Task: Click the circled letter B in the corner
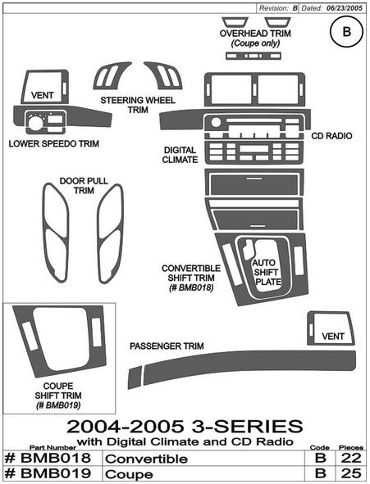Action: (x=346, y=31)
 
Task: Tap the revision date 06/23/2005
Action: (x=345, y=8)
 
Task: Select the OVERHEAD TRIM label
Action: (x=255, y=34)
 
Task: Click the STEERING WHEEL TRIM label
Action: (x=138, y=105)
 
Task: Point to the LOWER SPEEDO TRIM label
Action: (x=54, y=143)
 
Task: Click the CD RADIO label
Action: (x=331, y=136)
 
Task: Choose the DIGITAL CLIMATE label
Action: (x=180, y=155)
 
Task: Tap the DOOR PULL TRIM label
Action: (x=84, y=186)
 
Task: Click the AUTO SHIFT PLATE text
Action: (x=267, y=272)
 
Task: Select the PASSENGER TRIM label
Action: (x=167, y=346)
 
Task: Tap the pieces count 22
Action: (x=351, y=458)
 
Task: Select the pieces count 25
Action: (x=351, y=473)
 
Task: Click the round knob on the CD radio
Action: (x=216, y=123)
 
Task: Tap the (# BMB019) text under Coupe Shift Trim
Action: (x=58, y=405)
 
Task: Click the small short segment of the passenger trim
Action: (x=135, y=378)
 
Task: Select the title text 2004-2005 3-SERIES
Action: (x=185, y=427)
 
